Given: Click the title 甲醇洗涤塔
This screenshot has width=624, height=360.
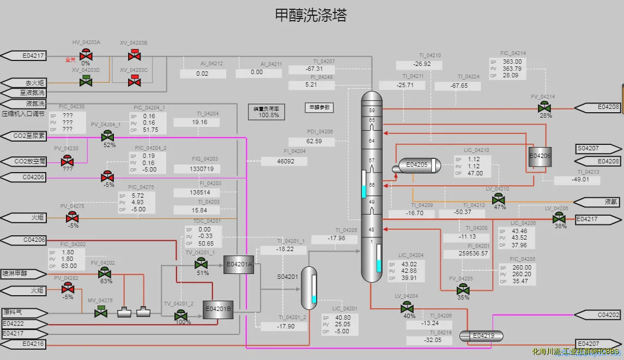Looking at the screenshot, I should point(311,15).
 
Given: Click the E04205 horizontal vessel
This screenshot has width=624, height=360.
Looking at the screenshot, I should point(417,164).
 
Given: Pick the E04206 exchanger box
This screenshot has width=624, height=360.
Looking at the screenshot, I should point(540,156).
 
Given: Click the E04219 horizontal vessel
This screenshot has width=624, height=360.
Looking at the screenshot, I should point(483,335).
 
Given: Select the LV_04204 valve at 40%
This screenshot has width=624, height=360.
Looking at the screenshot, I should point(407,308).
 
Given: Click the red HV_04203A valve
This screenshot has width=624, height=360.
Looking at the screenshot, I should point(86,54).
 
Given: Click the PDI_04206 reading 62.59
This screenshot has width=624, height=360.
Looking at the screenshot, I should point(314,141).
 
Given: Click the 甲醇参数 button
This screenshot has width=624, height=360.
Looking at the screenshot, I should point(319,108).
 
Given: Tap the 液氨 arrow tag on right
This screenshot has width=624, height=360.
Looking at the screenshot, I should point(598,202).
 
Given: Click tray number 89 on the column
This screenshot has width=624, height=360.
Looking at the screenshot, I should point(372,109).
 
